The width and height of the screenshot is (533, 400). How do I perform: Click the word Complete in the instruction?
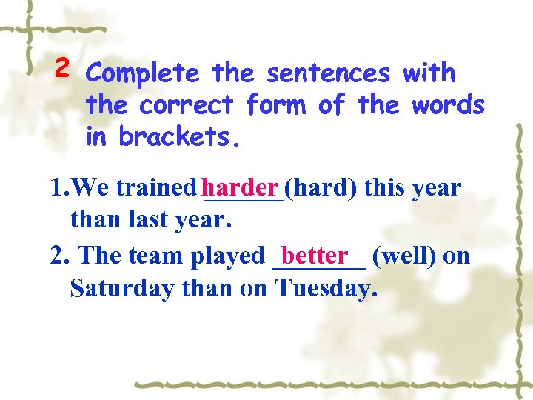[x=142, y=74]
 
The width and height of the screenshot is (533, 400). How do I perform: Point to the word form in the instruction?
[x=275, y=105]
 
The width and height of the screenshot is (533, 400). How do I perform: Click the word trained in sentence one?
[x=156, y=188]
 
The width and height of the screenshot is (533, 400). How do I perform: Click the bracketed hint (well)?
[x=405, y=256]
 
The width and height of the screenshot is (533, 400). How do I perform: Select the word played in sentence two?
[x=227, y=256]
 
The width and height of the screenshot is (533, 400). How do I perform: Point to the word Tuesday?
[x=325, y=287]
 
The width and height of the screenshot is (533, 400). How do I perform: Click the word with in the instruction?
[x=429, y=73]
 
